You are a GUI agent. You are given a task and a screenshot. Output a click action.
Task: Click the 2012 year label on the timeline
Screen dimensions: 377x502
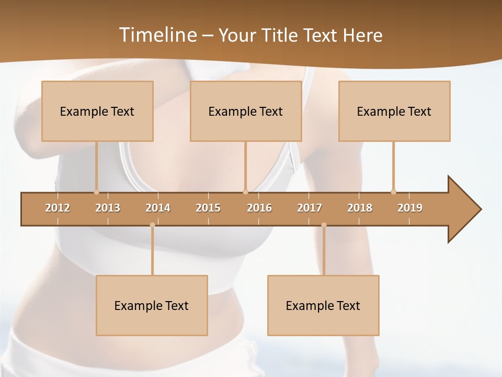click(x=58, y=208)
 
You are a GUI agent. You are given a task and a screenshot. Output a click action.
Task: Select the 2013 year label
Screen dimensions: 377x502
click(x=108, y=208)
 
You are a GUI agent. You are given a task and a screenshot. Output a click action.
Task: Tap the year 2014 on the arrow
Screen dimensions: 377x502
click(x=158, y=208)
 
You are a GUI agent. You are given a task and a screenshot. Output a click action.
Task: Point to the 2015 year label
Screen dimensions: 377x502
click(x=208, y=208)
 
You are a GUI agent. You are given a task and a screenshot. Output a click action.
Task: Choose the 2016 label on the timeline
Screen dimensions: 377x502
click(x=259, y=208)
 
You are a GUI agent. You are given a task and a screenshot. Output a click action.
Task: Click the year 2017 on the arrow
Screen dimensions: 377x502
click(x=310, y=208)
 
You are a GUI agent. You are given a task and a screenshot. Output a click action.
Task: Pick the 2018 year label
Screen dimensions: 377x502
click(x=360, y=208)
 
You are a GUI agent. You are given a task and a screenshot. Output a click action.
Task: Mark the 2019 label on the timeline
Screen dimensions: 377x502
click(x=410, y=208)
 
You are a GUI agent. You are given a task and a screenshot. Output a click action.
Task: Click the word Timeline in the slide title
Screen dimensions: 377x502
click(x=157, y=35)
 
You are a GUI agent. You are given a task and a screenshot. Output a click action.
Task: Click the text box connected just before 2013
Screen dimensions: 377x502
click(x=97, y=111)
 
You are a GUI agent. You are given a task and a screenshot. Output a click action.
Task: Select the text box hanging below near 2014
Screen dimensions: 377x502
click(x=152, y=305)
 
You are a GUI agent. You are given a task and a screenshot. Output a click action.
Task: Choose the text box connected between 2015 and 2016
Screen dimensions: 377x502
click(x=246, y=111)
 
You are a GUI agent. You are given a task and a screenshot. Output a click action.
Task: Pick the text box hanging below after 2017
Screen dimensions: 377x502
click(x=323, y=305)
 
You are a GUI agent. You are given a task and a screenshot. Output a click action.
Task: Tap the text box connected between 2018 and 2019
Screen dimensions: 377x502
click(x=394, y=111)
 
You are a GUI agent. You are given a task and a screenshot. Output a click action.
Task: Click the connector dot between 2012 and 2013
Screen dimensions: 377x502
click(x=96, y=192)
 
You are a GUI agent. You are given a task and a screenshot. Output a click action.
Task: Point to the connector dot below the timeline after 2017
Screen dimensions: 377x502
click(x=324, y=225)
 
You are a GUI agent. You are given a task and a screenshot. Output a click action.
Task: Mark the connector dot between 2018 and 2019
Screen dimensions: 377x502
click(x=393, y=192)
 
